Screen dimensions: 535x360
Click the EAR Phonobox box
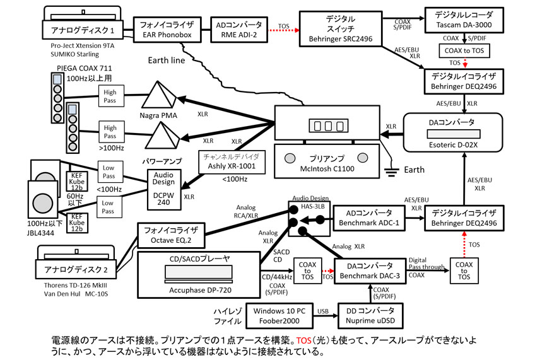click(x=167, y=30)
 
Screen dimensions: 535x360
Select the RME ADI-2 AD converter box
click(x=239, y=30)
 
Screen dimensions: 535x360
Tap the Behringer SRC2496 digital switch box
click(x=341, y=29)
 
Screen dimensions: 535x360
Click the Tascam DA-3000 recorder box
click(x=464, y=20)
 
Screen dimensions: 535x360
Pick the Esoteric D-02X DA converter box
click(x=453, y=132)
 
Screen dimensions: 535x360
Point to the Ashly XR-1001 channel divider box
click(x=232, y=162)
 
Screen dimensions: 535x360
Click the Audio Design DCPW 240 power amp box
click(x=164, y=189)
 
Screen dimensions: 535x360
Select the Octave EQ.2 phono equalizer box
click(x=171, y=235)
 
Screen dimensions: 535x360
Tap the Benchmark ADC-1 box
click(x=369, y=218)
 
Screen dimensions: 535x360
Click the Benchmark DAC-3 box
click(x=370, y=271)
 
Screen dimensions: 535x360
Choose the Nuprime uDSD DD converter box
click(x=370, y=316)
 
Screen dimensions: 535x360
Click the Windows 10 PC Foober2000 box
click(x=279, y=316)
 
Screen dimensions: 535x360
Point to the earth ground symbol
click(x=391, y=170)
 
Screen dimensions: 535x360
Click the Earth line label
click(x=167, y=61)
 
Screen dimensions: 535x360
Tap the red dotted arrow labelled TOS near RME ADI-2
click(x=284, y=30)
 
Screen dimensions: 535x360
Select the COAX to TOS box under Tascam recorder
click(x=464, y=51)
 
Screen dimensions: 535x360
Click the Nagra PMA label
click(x=158, y=115)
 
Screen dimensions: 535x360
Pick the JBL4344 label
click(x=40, y=233)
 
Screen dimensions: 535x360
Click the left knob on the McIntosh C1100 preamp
click(x=290, y=158)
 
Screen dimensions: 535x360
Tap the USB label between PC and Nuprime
click(x=323, y=311)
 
